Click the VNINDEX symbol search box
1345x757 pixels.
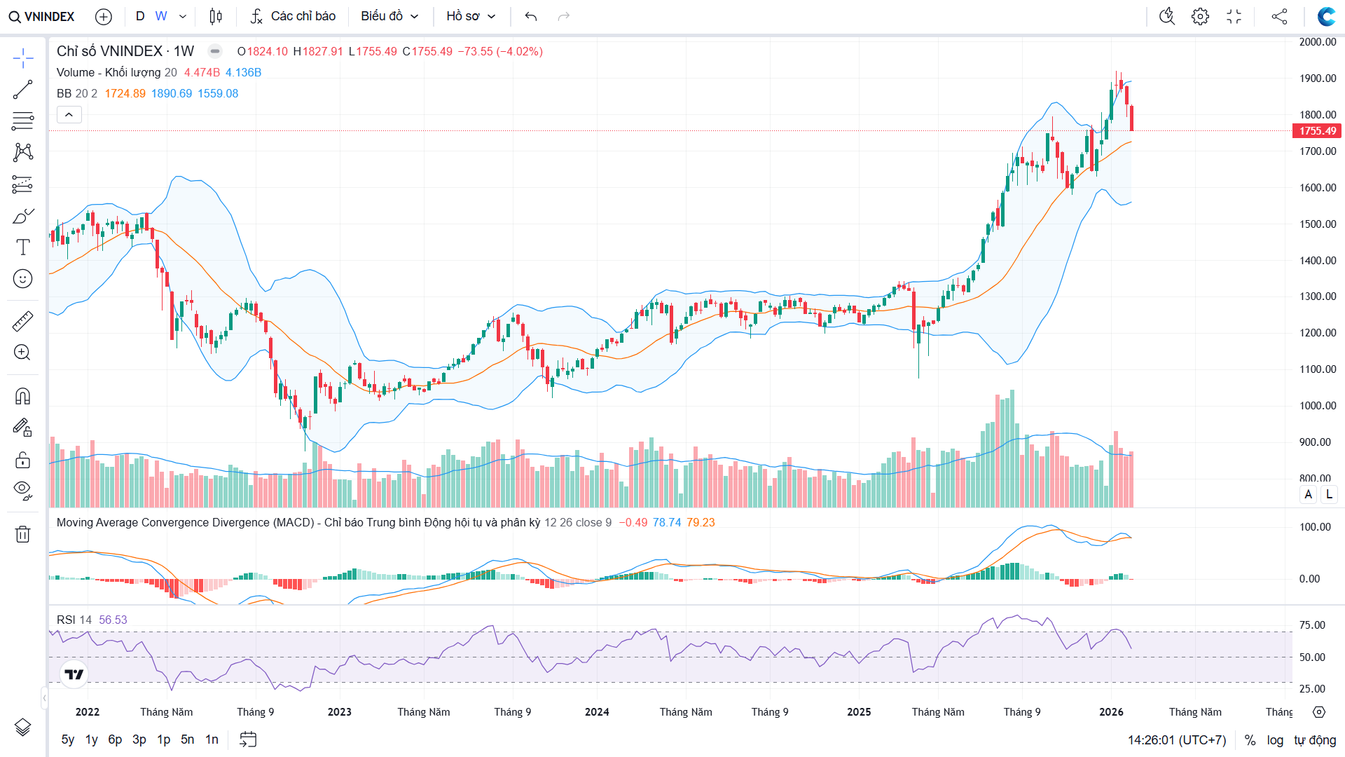tap(42, 16)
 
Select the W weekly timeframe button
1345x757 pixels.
tap(161, 16)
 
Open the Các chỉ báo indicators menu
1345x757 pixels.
tap(294, 16)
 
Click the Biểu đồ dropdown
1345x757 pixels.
tap(389, 16)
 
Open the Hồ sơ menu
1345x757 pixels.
tap(471, 16)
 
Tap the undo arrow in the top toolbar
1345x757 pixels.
tap(531, 16)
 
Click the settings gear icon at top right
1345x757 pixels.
tap(1200, 16)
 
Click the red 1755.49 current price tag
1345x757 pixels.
tap(1317, 131)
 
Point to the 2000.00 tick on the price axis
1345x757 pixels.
tap(1317, 42)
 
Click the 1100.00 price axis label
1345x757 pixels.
tap(1317, 369)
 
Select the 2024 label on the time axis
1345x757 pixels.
tap(597, 712)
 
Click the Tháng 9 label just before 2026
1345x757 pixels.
tap(1021, 712)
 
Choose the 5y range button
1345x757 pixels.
tap(67, 739)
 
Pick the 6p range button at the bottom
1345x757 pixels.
tap(115, 739)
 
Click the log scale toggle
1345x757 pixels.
tap(1275, 740)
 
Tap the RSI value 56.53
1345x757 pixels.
tap(113, 620)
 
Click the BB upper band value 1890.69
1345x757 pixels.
tap(172, 93)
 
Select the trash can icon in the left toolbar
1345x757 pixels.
tap(22, 534)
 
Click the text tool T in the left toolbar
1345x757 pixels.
tap(22, 247)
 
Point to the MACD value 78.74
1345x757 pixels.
tap(666, 522)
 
